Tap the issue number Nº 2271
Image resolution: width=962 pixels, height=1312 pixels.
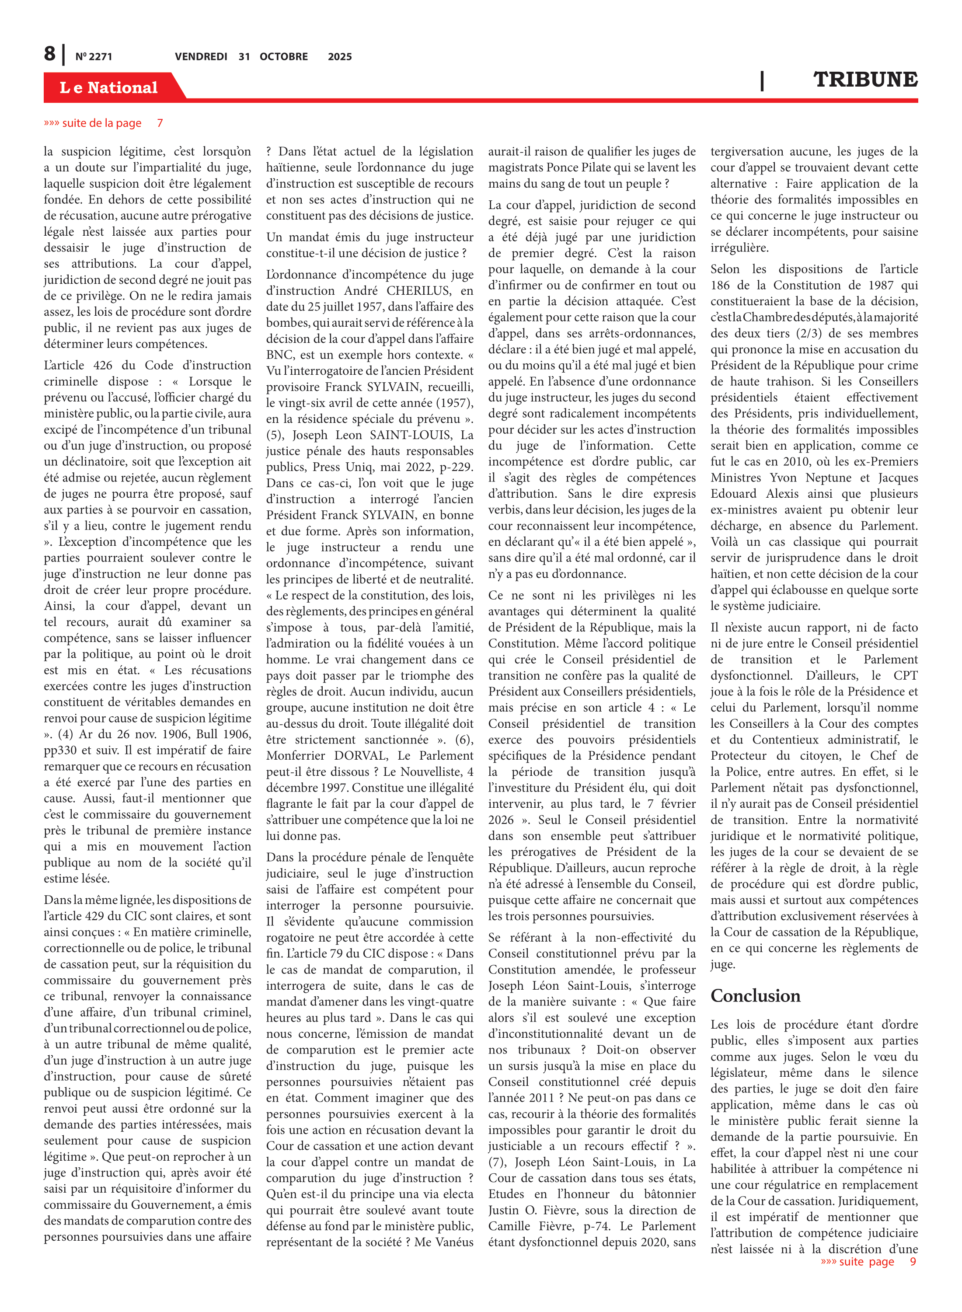point(94,56)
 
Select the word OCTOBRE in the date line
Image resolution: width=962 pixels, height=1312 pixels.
point(284,56)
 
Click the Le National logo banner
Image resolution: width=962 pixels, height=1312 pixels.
point(109,87)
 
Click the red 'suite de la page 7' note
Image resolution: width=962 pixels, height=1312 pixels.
point(104,123)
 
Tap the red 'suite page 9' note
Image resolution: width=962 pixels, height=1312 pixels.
point(868,1261)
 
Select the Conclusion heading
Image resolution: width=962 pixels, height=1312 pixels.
point(755,996)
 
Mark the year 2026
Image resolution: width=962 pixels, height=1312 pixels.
point(501,820)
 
